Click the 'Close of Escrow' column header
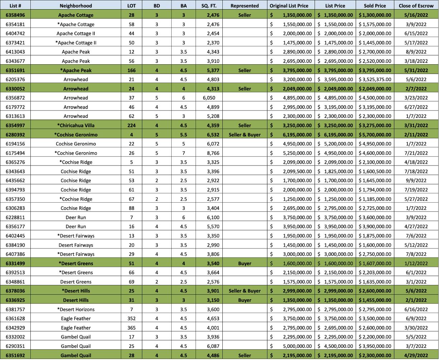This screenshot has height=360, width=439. pyautogui.click(x=416, y=5)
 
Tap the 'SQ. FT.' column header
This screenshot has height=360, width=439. pyautogui.click(x=209, y=5)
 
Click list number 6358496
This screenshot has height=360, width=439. pyautogui.click(x=15, y=15)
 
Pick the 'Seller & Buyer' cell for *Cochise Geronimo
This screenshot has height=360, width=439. pyautogui.click(x=245, y=135)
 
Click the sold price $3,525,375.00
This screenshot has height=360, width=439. pyautogui.click(x=375, y=79)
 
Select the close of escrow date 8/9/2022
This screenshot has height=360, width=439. pyautogui.click(x=416, y=52)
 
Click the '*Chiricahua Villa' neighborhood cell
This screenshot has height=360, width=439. pyautogui.click(x=76, y=125)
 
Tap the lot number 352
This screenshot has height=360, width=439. pyautogui.click(x=132, y=319)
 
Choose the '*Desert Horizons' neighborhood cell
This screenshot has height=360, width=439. pyautogui.click(x=76, y=309)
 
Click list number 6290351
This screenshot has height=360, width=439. pyautogui.click(x=15, y=346)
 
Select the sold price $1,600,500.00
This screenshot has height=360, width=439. pyautogui.click(x=375, y=172)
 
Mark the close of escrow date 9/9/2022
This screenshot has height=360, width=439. pyautogui.click(x=416, y=181)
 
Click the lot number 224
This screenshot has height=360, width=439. pyautogui.click(x=132, y=125)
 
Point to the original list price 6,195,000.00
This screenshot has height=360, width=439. pyautogui.click(x=297, y=135)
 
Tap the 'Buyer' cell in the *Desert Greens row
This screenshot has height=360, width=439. pyautogui.click(x=245, y=263)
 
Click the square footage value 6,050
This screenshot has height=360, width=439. pyautogui.click(x=209, y=98)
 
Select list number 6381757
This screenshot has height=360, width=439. pyautogui.click(x=15, y=309)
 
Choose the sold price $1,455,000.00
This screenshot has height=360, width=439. pyautogui.click(x=375, y=300)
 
